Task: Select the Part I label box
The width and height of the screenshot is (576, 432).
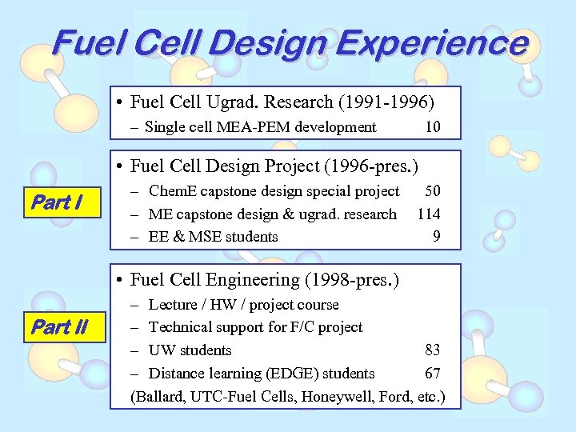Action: point(63,203)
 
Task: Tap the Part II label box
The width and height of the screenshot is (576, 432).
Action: point(63,328)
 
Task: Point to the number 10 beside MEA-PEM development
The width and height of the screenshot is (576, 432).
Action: point(432,126)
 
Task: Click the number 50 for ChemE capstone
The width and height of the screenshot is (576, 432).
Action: point(432,190)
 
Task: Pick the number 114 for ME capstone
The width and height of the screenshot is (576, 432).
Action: point(428,214)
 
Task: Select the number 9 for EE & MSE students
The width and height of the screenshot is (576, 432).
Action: point(435,236)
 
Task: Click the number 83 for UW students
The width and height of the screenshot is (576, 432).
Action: point(432,350)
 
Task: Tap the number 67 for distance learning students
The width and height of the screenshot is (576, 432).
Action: point(432,373)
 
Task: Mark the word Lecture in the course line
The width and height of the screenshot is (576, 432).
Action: point(173,305)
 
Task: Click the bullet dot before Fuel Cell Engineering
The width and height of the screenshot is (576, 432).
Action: point(118,280)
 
